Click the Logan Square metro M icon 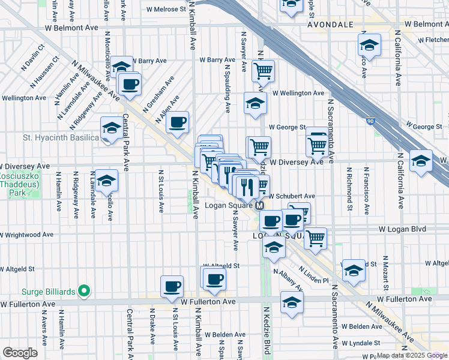point(260,206)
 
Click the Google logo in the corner point(20,353)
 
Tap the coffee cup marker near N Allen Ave point(178,122)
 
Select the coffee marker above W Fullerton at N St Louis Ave point(172,286)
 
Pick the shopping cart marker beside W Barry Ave point(263,71)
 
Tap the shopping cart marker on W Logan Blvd point(315,238)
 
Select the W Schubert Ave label point(292,196)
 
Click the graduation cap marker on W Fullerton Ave point(292,302)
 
